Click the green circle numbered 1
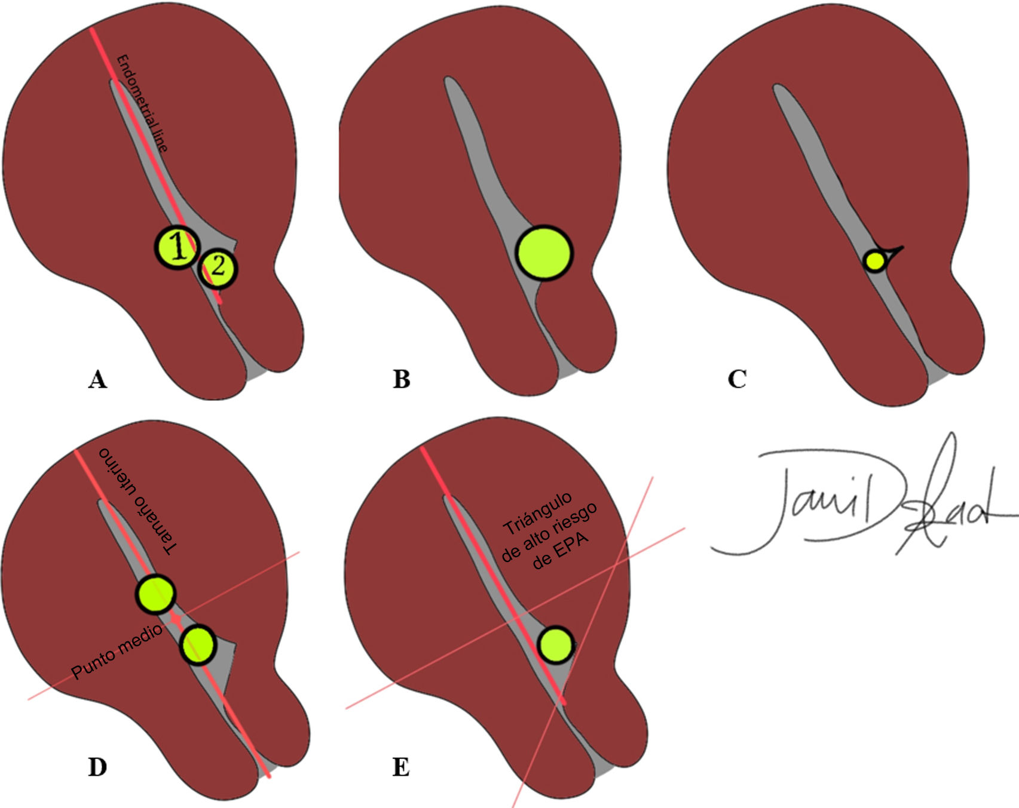tap(177, 247)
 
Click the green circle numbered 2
tap(218, 268)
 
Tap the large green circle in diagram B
tap(543, 253)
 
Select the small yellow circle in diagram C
tap(875, 261)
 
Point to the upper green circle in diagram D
tap(155, 594)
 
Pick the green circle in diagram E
tap(556, 644)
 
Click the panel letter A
tap(97, 379)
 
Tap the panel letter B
tap(402, 379)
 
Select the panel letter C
tap(737, 379)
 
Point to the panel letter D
tap(97, 767)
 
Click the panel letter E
tap(401, 767)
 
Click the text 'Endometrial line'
tap(142, 103)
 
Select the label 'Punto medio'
tap(117, 651)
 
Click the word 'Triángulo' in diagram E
tap(537, 513)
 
